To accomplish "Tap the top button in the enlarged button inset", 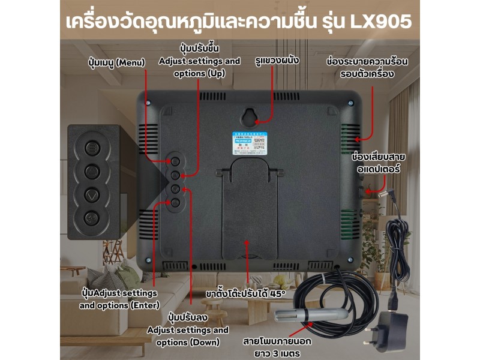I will (x=92, y=148).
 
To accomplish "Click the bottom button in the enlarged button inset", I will (x=92, y=218).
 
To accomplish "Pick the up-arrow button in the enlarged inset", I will (x=92, y=172).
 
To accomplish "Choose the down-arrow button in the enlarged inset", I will (x=92, y=195).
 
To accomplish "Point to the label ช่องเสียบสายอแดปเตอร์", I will (x=378, y=163).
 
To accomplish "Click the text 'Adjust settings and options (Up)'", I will (x=199, y=67).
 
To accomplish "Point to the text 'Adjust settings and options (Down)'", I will (x=188, y=336).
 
